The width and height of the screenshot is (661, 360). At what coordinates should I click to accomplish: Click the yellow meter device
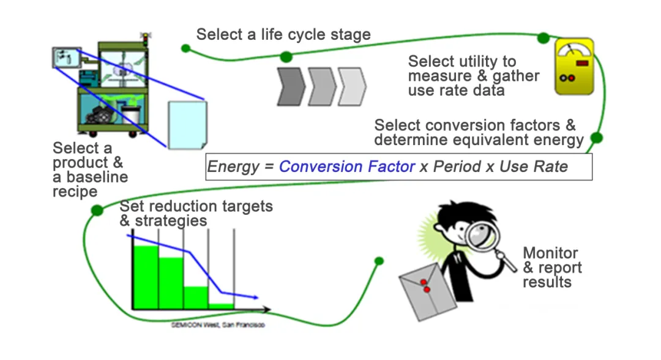573,67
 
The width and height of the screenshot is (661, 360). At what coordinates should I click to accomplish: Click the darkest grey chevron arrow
291,86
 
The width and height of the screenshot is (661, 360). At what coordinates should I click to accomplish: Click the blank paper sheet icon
187,125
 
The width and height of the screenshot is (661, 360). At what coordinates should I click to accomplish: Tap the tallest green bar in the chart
146,277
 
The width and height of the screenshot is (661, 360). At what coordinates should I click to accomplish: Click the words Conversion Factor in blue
347,167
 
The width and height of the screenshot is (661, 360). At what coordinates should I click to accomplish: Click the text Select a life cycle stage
283,34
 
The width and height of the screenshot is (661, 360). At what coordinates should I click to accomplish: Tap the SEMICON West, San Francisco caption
218,325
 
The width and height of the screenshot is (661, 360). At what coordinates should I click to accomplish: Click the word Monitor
550,253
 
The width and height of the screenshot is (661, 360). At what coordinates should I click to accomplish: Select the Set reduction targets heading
196,206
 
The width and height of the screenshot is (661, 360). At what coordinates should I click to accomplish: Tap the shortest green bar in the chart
221,306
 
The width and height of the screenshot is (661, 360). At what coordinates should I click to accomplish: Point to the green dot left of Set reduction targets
97,211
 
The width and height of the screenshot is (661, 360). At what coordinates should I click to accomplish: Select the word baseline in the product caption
90,178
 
